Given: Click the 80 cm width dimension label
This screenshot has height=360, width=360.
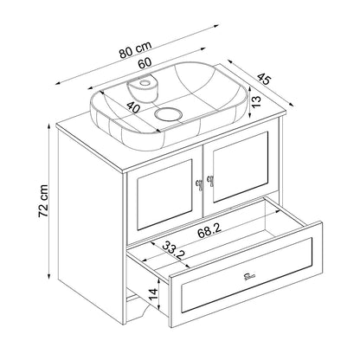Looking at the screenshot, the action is point(135,49).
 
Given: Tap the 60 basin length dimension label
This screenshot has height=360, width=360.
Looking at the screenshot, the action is point(145,62).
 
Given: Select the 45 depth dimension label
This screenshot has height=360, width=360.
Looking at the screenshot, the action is point(264,79).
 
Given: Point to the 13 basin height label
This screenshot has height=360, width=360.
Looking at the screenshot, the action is point(256,101).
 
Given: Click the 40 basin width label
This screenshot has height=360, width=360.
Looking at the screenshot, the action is point(133,107).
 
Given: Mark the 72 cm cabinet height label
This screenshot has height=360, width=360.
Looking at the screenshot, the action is point(43,201).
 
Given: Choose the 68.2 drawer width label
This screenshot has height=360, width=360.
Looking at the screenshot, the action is point(209,230).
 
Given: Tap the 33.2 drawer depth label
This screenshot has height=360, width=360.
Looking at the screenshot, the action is point(174,250).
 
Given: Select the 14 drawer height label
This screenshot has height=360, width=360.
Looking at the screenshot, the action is point(153,294).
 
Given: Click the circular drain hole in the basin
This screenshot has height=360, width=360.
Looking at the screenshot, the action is point(168,114).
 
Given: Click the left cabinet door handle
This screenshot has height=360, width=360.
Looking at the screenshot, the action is point(199,183).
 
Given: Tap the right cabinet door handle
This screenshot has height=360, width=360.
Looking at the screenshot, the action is point(210,180).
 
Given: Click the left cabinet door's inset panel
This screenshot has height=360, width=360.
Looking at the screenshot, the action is point(164,195).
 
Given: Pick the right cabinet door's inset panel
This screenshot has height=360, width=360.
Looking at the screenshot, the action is point(241,167).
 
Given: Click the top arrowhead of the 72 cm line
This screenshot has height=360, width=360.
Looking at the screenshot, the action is point(49,128).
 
